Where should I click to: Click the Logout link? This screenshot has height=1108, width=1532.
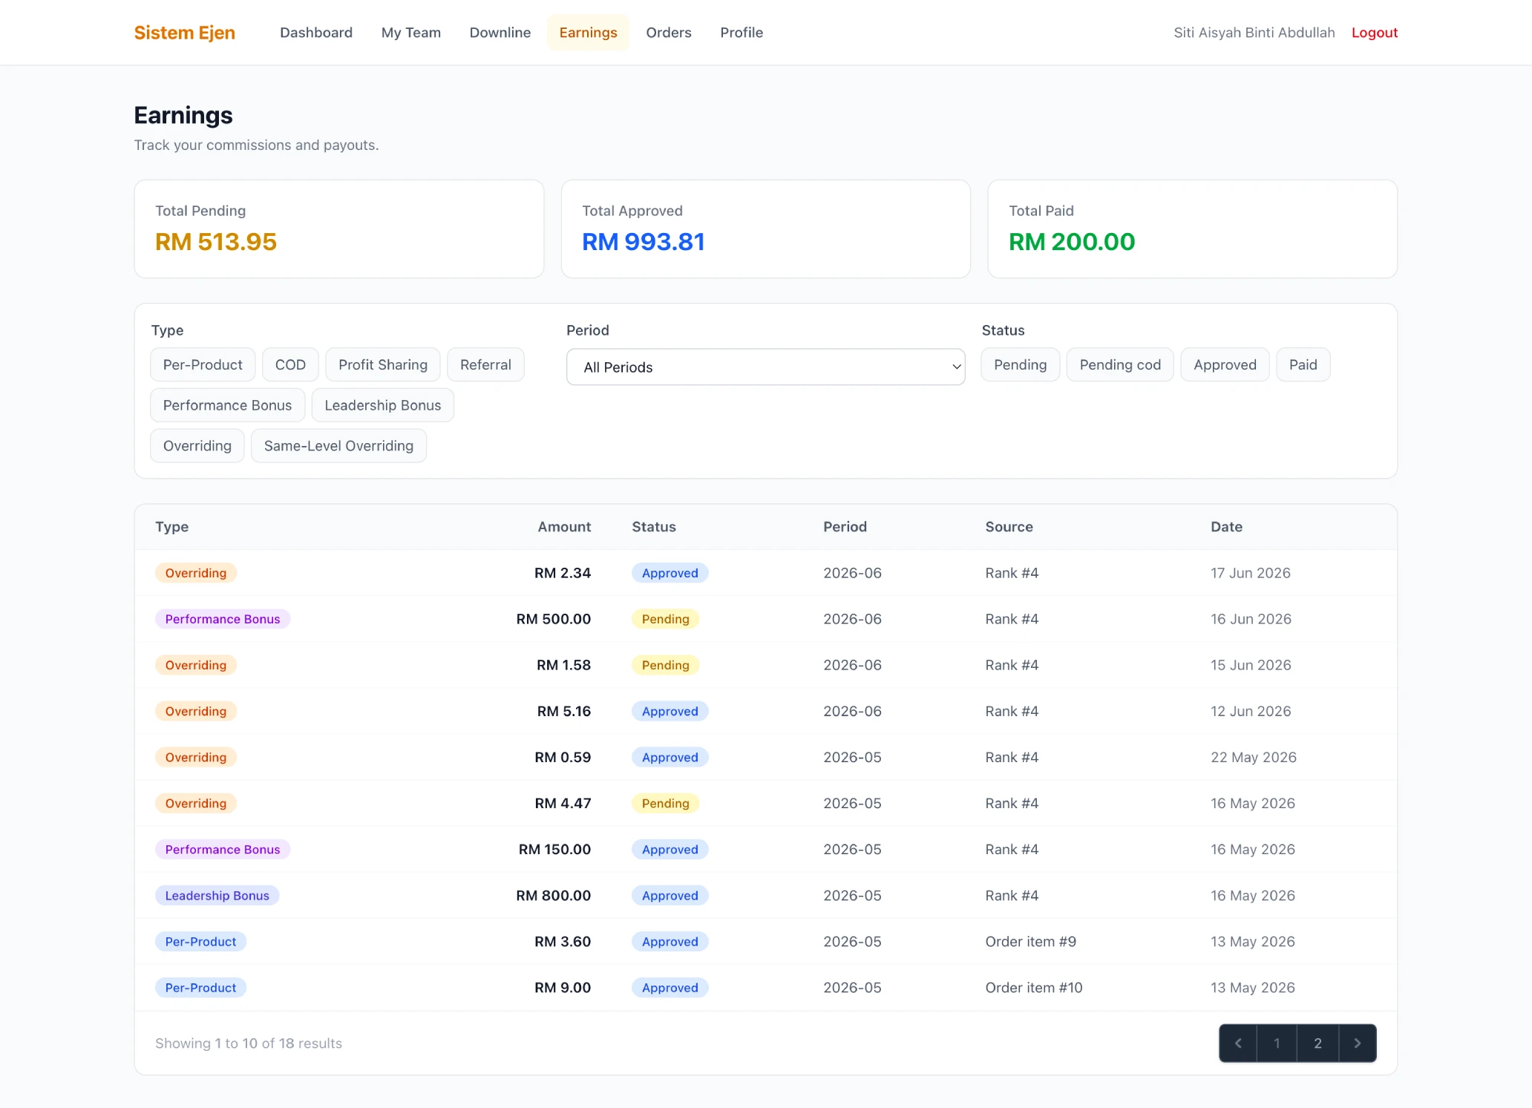click(x=1374, y=33)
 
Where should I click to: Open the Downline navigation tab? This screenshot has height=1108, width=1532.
click(x=500, y=33)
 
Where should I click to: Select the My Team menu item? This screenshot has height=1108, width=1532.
click(x=410, y=33)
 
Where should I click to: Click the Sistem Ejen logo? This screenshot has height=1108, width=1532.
click(x=184, y=33)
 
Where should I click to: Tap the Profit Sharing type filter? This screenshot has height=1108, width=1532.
click(x=383, y=364)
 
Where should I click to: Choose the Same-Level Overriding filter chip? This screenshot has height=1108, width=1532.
click(x=338, y=445)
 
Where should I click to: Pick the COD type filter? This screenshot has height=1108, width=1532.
click(x=290, y=364)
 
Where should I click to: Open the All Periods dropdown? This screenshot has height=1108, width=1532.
click(x=765, y=367)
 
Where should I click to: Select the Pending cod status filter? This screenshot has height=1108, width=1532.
click(x=1119, y=364)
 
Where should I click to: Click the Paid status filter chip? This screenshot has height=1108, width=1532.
click(x=1303, y=364)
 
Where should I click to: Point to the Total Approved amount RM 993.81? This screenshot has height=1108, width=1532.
click(x=643, y=242)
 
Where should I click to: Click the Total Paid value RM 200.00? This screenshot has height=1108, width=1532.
click(x=1071, y=242)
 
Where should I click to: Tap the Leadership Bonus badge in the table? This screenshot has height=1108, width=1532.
click(x=217, y=895)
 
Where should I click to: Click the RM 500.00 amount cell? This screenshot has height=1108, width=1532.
click(x=553, y=619)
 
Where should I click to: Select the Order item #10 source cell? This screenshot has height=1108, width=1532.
click(x=1033, y=987)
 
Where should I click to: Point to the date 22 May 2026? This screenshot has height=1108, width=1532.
click(x=1253, y=757)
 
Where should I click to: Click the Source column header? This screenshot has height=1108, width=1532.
click(x=1009, y=526)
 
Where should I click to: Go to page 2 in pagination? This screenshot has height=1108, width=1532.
click(x=1317, y=1043)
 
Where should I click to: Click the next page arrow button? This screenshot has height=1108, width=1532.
click(x=1357, y=1043)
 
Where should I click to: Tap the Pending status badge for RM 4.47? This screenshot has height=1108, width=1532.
click(x=665, y=803)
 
